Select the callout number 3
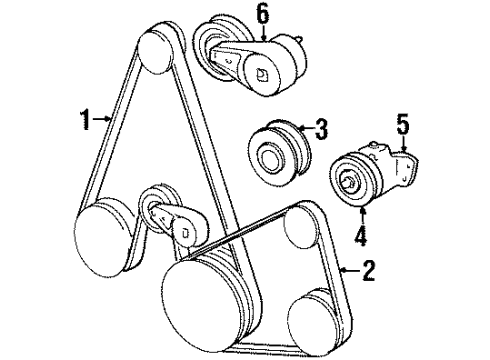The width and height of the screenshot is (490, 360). coord(321,127)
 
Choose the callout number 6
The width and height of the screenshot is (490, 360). coord(263,15)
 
